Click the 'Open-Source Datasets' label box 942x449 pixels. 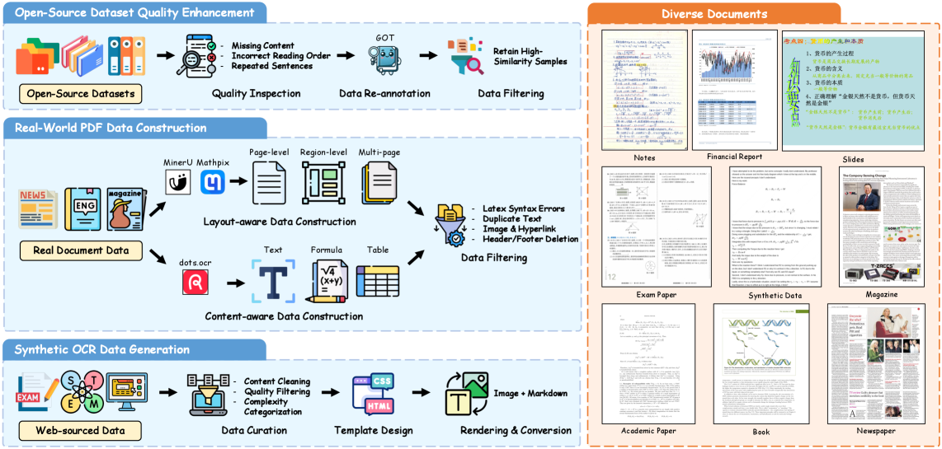tap(81, 94)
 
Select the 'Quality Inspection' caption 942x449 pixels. tap(256, 94)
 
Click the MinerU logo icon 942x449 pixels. tap(178, 181)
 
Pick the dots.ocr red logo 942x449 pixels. tap(195, 283)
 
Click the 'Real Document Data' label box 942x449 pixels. tap(80, 250)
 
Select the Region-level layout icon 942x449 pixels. tap(323, 182)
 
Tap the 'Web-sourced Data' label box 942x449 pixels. tap(80, 430)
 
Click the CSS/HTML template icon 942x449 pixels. tap(372, 395)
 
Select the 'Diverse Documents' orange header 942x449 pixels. tap(714, 14)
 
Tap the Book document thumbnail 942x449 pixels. tap(761, 363)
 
